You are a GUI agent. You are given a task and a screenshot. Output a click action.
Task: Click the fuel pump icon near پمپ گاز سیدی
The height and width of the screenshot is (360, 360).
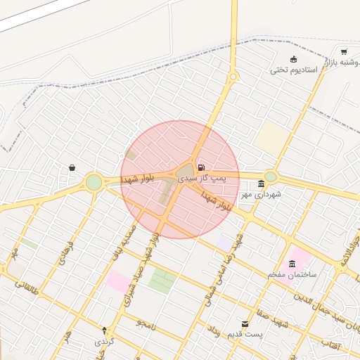coord(202,167)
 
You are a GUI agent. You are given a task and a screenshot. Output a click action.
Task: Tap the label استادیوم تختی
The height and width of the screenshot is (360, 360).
coord(294,70)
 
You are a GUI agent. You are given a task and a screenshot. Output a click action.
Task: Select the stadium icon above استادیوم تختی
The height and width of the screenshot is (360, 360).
coord(294,59)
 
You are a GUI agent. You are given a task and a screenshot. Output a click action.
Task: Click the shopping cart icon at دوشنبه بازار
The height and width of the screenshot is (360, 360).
coord(343,52)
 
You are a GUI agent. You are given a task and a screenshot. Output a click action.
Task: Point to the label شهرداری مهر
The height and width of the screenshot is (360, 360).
coord(261,194)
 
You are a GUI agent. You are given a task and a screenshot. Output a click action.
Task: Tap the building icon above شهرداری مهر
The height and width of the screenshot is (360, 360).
coord(261,184)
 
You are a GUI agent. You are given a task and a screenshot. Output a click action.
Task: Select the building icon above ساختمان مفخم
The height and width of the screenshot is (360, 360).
coord(292,263)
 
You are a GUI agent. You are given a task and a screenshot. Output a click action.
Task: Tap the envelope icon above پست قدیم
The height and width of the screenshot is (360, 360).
coord(245,323)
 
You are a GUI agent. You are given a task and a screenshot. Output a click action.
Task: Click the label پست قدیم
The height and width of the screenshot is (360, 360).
coord(245,334)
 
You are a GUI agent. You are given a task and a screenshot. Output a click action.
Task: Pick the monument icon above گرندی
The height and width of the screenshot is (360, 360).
coord(105,330)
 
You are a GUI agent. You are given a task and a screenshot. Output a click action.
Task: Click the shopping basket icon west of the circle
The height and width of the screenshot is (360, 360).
coord(72,168)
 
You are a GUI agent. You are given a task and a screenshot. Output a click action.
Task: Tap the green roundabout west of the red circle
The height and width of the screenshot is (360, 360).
coord(94,183)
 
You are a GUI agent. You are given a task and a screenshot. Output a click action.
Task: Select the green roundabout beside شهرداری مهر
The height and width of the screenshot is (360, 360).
coord(271,176)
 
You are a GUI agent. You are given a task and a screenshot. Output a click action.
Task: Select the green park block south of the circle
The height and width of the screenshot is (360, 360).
coord(163,281)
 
